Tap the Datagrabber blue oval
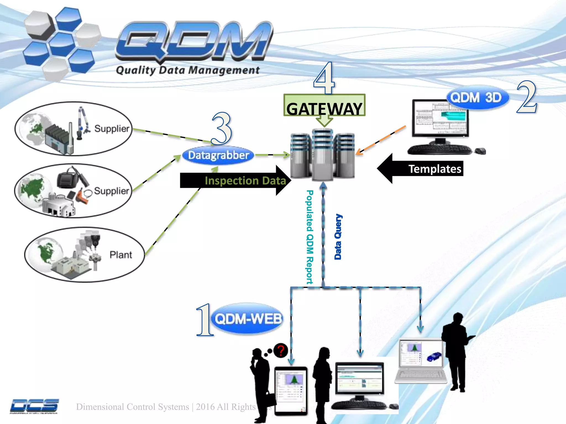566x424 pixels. pyautogui.click(x=218, y=155)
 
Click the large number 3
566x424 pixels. pyautogui.click(x=222, y=128)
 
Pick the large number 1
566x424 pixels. pyautogui.click(x=205, y=320)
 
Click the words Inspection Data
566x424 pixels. pyautogui.click(x=245, y=181)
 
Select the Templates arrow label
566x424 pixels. pyautogui.click(x=435, y=169)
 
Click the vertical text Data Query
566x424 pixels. pyautogui.click(x=338, y=237)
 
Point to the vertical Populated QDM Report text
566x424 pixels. pyautogui.click(x=310, y=237)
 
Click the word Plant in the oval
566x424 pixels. pyautogui.click(x=120, y=255)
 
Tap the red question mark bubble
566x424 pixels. pyautogui.click(x=281, y=351)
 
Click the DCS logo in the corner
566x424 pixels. pyautogui.click(x=34, y=406)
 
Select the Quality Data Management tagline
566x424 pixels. pyautogui.click(x=188, y=70)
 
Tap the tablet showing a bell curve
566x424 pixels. pyautogui.click(x=291, y=391)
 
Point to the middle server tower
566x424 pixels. pyautogui.click(x=323, y=155)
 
